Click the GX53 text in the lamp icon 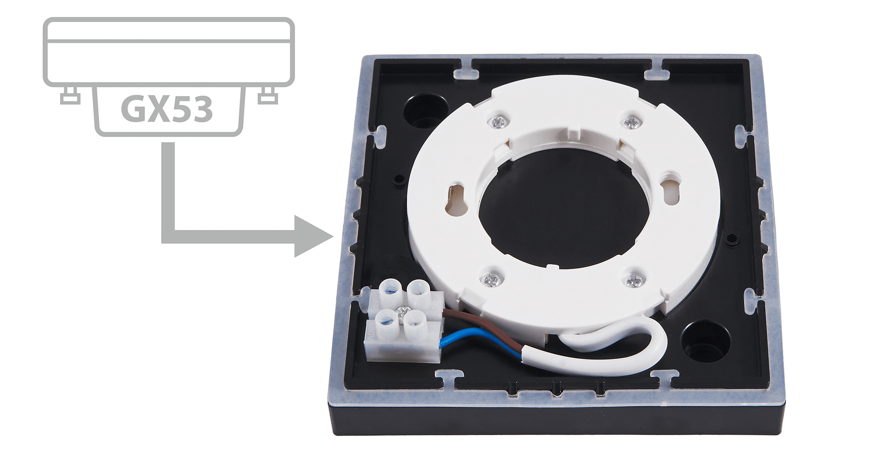[x=167, y=109]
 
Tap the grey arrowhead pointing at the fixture [x=313, y=236]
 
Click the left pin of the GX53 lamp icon [x=70, y=95]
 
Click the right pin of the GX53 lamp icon [x=267, y=95]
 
